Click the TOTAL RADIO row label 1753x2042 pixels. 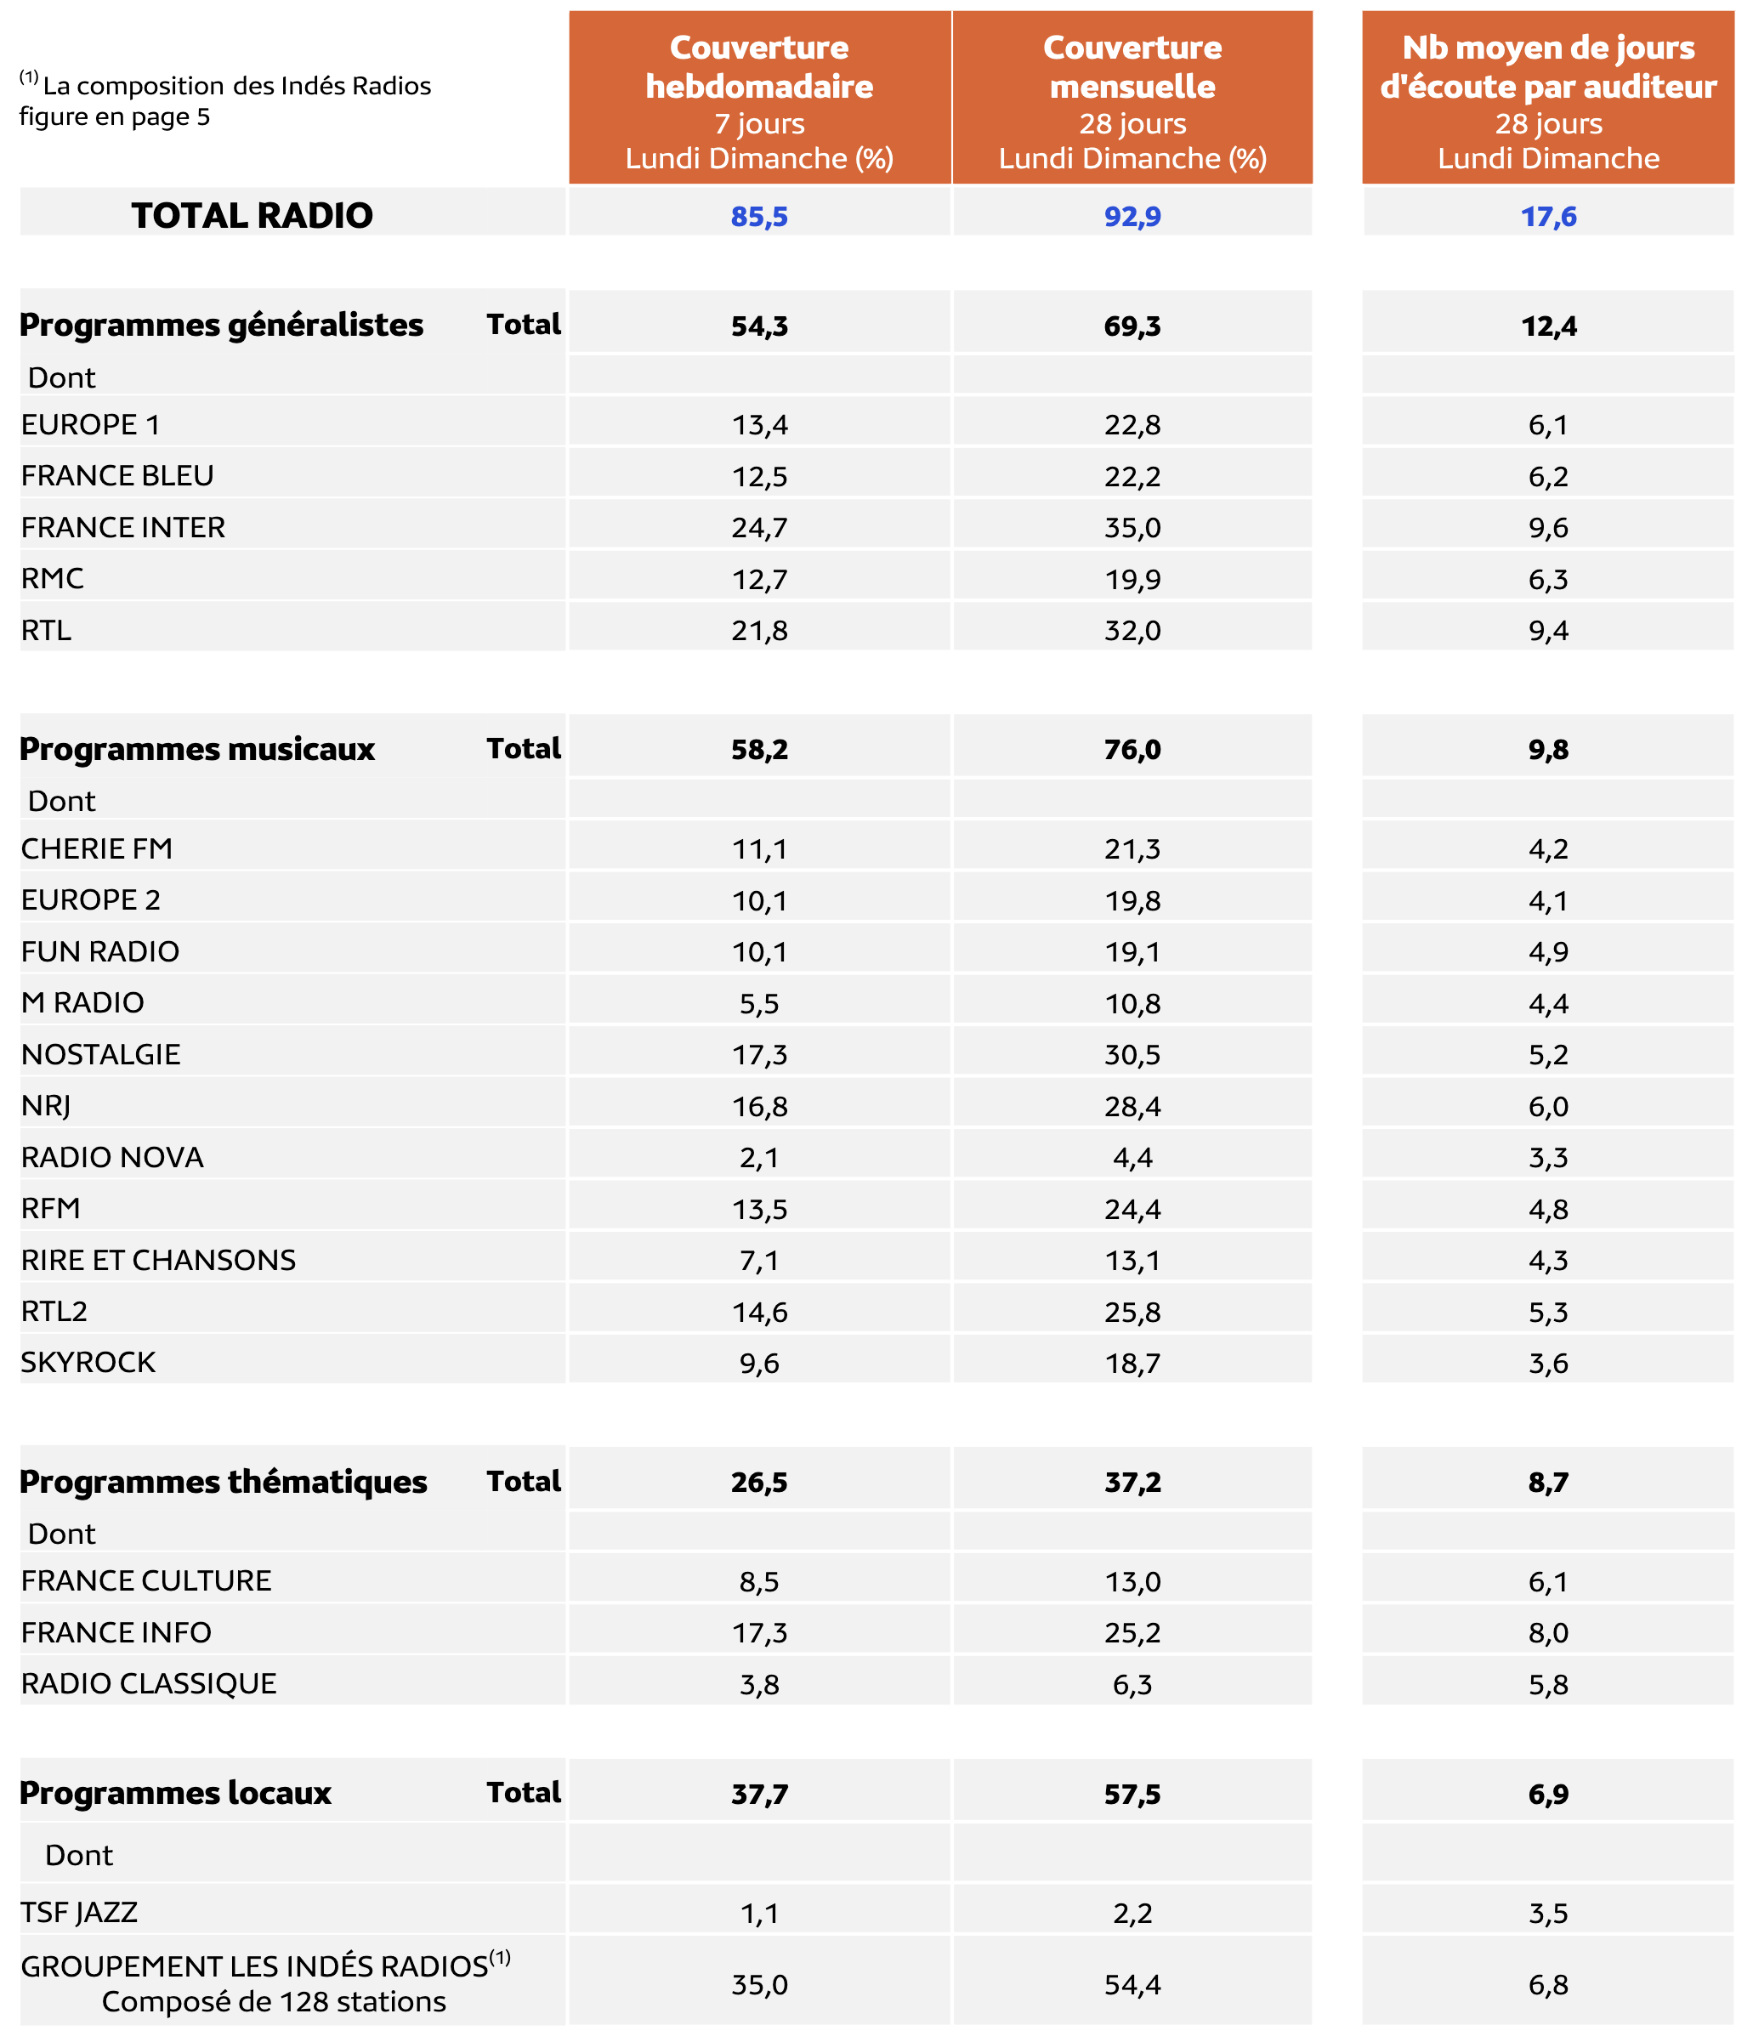pos(252,215)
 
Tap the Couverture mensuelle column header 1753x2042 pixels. pos(1132,99)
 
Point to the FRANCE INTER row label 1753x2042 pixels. pos(123,527)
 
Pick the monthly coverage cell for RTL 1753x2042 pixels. pos(1132,631)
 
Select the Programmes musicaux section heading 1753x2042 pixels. pos(197,749)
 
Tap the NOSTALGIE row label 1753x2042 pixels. pos(100,1054)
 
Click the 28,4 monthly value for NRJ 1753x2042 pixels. pos(1132,1107)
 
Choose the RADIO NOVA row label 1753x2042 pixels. pos(112,1157)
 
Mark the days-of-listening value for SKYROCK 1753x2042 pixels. pos(1548,1363)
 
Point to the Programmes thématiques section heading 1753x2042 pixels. pos(223,1483)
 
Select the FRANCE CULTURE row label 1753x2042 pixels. pos(146,1580)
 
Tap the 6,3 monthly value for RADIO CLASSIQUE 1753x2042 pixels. pos(1132,1684)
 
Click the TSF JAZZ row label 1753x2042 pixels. pos(79,1912)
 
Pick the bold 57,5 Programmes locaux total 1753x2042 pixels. pos(1132,1794)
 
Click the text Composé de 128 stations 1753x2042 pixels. pos(274,2001)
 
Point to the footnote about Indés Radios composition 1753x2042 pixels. pos(224,100)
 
